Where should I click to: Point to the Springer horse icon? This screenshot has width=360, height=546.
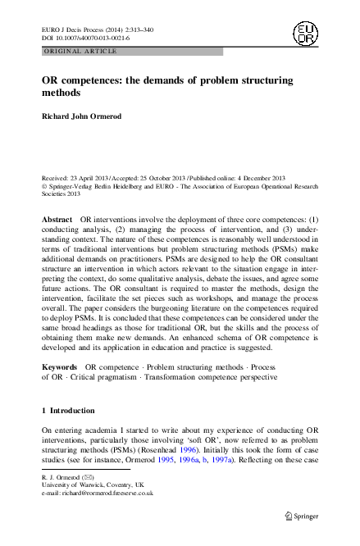click(288, 517)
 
